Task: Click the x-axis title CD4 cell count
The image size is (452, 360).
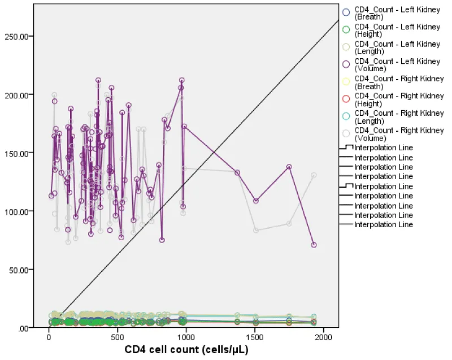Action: point(186,349)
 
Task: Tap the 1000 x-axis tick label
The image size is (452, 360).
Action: point(186,337)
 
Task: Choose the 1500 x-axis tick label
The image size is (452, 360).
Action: point(255,337)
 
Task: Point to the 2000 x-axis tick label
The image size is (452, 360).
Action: point(324,337)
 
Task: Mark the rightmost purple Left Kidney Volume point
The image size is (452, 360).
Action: point(314,245)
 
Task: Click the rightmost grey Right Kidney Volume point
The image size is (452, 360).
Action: point(314,175)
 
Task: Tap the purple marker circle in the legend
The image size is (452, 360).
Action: point(346,61)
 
